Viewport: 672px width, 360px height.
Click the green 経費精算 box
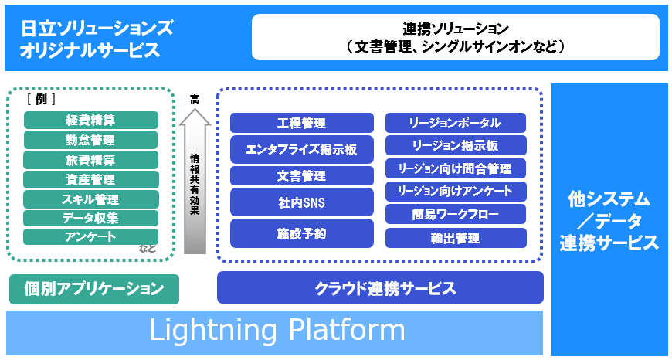[x=91, y=121]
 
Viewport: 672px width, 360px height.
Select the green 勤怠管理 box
[x=91, y=140]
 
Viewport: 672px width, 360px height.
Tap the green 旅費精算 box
[x=91, y=160]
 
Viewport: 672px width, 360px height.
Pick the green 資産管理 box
[x=91, y=179]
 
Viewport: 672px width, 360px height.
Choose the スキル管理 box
[x=91, y=199]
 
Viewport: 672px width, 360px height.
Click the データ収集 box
[x=91, y=218]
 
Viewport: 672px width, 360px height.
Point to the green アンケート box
[x=91, y=236]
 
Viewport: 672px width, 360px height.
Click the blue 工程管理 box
[x=301, y=123]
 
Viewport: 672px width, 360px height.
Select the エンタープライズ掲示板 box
[x=301, y=148]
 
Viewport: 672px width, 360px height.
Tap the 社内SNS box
[x=301, y=202]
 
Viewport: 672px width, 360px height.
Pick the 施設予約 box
[x=301, y=233]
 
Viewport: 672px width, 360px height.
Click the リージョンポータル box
[x=456, y=123]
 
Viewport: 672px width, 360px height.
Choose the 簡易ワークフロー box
[x=456, y=214]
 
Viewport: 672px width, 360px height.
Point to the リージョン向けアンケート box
[x=456, y=191]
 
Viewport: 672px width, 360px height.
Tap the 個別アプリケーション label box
[x=94, y=289]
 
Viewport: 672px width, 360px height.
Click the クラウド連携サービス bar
[x=380, y=288]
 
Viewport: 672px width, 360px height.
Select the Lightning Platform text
[x=277, y=331]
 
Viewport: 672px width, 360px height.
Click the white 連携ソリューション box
[x=456, y=37]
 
